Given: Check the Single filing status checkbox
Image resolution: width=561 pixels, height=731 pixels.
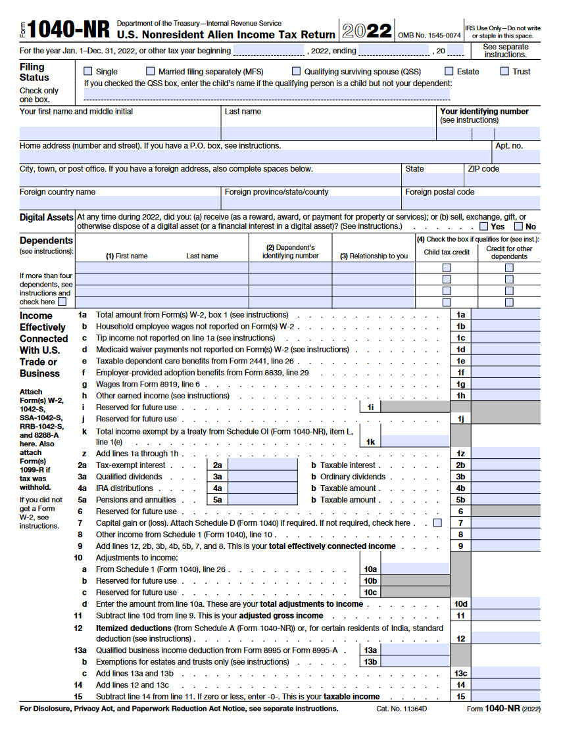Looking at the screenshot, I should (x=88, y=71).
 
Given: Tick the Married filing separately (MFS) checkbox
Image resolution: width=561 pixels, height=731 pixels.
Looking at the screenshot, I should (x=151, y=71).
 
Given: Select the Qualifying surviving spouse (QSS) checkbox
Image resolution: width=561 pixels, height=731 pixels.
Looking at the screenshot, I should (x=297, y=71).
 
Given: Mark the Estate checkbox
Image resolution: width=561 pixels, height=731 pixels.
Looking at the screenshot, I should (x=449, y=71).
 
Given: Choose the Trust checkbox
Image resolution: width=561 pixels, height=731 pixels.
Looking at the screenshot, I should (x=504, y=71).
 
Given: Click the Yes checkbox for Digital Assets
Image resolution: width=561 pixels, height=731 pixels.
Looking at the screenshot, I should (x=483, y=226).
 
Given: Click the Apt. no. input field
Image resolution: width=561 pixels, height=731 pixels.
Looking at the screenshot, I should (x=516, y=156).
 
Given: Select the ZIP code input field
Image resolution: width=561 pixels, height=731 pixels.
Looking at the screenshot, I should (x=502, y=179).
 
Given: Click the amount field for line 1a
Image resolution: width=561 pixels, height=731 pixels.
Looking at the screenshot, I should (x=505, y=315).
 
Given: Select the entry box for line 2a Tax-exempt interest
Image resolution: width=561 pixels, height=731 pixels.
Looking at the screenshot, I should (x=262, y=465).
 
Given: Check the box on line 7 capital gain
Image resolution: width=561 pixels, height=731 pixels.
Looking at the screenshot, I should (x=437, y=523).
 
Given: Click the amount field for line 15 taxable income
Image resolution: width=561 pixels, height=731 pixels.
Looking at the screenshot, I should (x=505, y=696).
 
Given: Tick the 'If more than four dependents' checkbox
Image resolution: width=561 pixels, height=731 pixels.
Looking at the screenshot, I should (x=62, y=302).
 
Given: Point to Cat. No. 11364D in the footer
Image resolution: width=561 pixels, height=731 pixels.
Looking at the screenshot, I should (x=401, y=709).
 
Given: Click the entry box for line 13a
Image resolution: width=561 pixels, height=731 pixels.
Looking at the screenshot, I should (x=415, y=650).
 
